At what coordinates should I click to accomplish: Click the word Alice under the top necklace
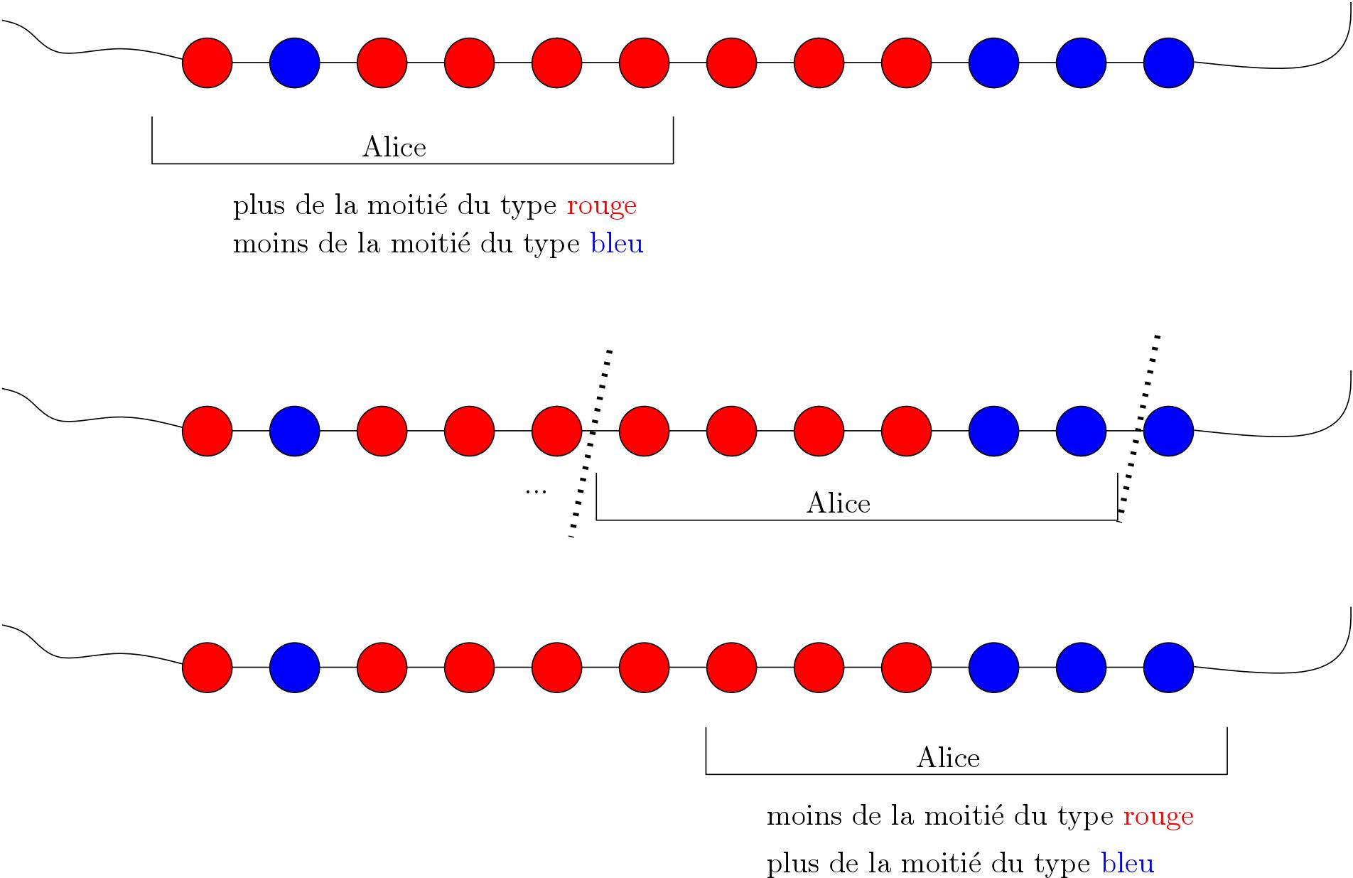(x=394, y=146)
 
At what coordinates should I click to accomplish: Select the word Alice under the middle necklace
(x=839, y=503)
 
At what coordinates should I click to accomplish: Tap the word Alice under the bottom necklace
(x=949, y=757)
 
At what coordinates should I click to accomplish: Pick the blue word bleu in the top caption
(x=617, y=244)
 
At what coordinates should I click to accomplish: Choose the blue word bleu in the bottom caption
(x=1128, y=863)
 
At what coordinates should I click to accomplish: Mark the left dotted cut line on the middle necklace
(x=591, y=443)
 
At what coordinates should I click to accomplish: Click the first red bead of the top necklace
(x=207, y=63)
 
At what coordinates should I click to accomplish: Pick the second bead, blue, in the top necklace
(x=295, y=63)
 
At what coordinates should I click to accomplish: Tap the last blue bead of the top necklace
(x=1168, y=63)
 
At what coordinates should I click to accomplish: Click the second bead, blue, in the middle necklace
(x=295, y=431)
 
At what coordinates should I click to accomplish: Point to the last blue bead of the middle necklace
(x=1168, y=431)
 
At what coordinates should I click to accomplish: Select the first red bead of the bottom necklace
(x=207, y=668)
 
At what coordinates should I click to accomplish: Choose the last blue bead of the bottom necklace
(x=1168, y=668)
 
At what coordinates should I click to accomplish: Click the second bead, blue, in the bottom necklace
(x=295, y=668)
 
